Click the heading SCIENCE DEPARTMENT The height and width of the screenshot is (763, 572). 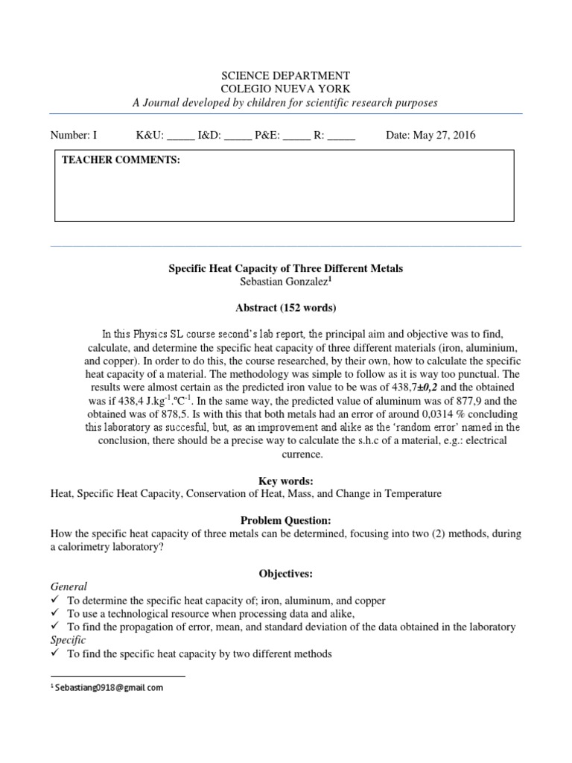[286, 75]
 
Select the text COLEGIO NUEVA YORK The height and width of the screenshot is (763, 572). [286, 89]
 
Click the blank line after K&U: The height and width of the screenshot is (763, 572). [181, 137]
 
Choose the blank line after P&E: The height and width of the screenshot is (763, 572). [296, 137]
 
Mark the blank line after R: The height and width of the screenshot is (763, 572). [341, 137]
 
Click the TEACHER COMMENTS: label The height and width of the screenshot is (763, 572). [121, 160]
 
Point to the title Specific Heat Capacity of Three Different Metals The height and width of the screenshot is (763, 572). [286, 268]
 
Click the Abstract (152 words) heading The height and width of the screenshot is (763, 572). [286, 307]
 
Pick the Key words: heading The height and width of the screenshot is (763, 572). [286, 481]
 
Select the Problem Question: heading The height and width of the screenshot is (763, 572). [286, 520]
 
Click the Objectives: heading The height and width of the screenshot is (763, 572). [286, 573]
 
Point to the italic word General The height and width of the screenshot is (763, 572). [69, 586]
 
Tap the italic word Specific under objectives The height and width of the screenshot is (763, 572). [69, 640]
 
